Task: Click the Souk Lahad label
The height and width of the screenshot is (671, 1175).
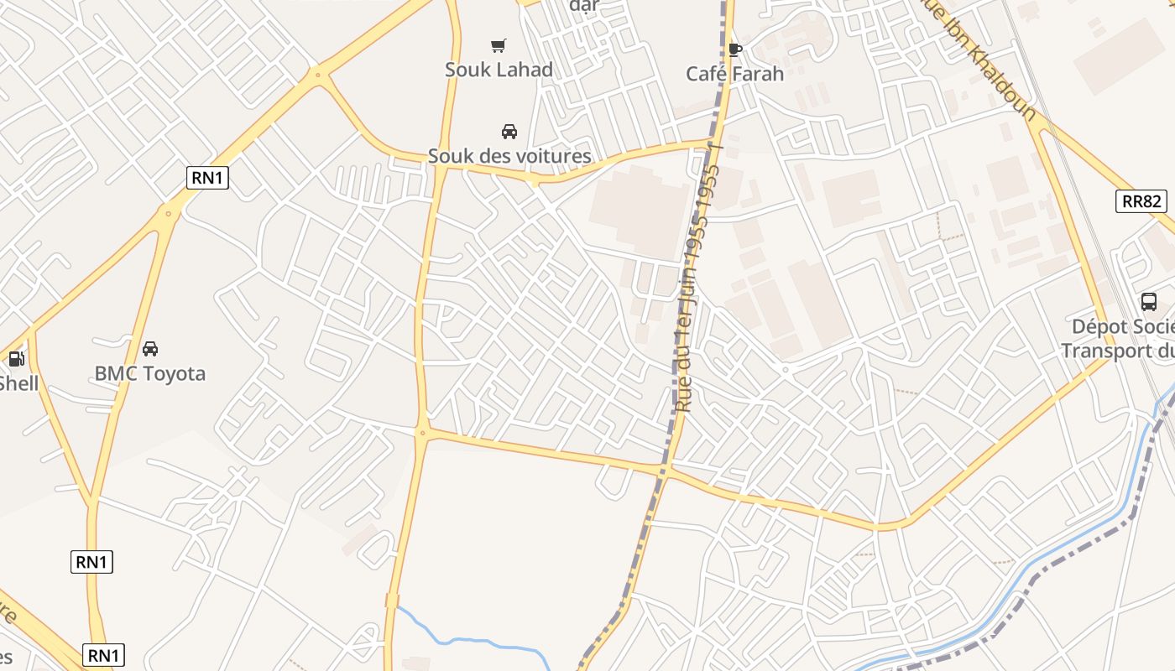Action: coord(499,70)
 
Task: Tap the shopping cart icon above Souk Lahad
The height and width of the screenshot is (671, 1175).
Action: coord(499,45)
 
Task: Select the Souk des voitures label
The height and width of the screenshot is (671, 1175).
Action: coord(509,156)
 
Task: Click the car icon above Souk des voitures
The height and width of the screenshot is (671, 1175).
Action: coord(509,132)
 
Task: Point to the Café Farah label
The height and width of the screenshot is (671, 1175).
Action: coord(734,74)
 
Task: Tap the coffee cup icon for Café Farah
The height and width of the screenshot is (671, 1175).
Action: coord(735,49)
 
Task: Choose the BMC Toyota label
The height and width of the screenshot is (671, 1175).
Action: coord(150,374)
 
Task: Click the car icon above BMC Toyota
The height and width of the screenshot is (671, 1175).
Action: coord(150,349)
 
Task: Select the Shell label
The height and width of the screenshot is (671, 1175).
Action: coord(18,384)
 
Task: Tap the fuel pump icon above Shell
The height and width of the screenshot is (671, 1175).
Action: coord(16,360)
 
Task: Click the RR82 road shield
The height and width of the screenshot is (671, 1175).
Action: coord(1141,201)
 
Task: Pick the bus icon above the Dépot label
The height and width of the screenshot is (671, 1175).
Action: coord(1149,302)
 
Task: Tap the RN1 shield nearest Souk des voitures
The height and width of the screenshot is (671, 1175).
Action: coord(207,178)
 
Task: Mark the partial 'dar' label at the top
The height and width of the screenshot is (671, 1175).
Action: coord(584,7)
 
